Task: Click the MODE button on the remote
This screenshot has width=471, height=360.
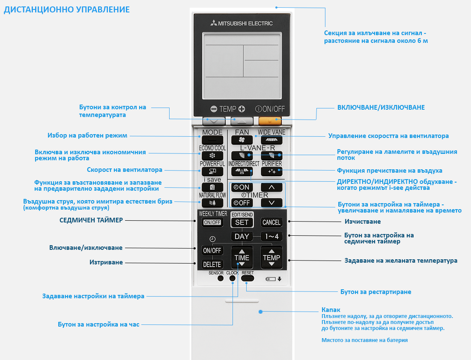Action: [212, 140]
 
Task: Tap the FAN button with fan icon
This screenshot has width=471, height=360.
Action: [242, 140]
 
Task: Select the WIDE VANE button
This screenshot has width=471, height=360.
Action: [271, 140]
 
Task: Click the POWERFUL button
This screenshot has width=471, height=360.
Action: [212, 171]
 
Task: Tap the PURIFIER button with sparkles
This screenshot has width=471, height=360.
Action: [271, 171]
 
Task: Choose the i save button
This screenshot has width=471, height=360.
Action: [212, 187]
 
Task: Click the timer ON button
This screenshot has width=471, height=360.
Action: [242, 187]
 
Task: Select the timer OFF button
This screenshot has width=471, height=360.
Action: [242, 203]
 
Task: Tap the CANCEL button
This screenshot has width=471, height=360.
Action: [271, 222]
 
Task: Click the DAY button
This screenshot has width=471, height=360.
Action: [242, 237]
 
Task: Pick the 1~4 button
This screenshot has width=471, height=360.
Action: [271, 237]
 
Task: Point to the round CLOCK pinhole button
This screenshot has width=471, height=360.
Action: [232, 278]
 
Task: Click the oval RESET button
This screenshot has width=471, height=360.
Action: [247, 278]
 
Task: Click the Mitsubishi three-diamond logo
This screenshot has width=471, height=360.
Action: [214, 23]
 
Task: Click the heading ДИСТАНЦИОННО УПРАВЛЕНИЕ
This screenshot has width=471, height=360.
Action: [67, 9]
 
